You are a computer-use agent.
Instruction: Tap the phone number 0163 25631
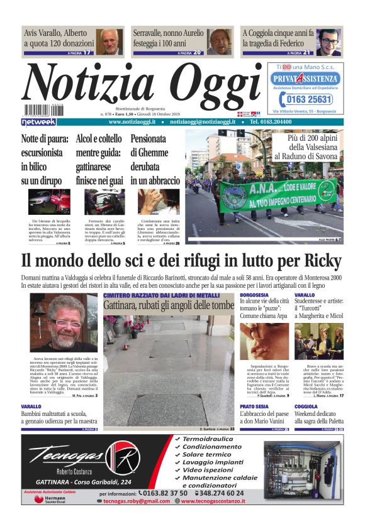click(309, 100)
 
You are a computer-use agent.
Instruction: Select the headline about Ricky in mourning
click(182, 261)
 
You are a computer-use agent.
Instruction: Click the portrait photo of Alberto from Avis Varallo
click(110, 41)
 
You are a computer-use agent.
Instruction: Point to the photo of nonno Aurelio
click(220, 41)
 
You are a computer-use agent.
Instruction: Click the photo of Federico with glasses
click(328, 41)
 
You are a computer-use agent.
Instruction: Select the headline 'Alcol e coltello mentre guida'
click(99, 160)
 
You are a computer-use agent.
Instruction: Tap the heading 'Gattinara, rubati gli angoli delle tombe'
click(168, 305)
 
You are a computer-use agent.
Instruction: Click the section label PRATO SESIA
click(254, 406)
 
